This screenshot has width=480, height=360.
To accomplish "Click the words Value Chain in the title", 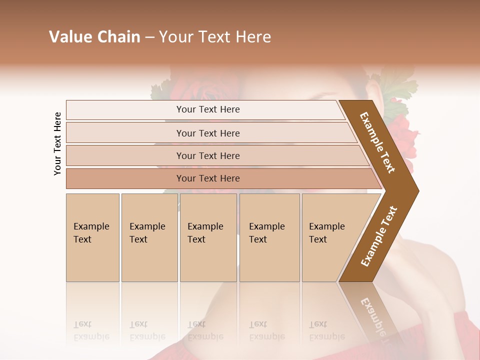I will [94, 37].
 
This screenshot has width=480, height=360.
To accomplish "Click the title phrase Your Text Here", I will [215, 37].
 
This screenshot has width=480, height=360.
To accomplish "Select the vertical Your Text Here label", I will [57, 143].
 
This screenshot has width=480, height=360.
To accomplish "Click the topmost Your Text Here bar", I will [208, 109].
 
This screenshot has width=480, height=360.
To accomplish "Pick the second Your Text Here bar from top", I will [208, 133].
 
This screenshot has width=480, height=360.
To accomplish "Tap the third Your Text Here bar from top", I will [208, 155].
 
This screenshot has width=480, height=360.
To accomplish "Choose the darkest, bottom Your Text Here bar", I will [208, 178].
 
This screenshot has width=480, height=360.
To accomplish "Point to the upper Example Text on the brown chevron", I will [377, 142].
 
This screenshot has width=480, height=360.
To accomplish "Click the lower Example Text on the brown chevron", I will [378, 236].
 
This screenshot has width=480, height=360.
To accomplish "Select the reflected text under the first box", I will [91, 330].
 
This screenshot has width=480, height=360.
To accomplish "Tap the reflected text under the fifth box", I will [326, 330].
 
